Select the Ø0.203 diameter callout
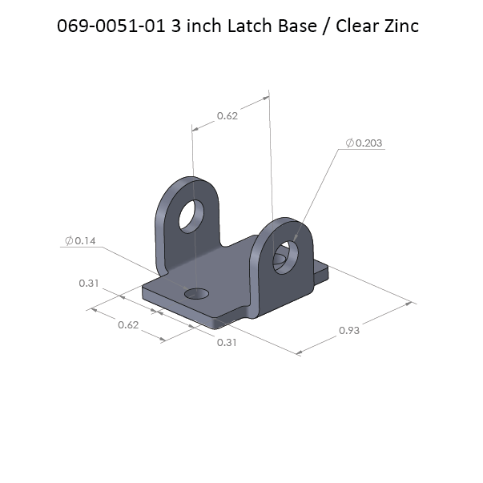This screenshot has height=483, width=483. coord(364,143)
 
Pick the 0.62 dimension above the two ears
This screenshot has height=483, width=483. coord(227,116)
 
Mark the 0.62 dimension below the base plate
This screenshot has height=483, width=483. coord(128,324)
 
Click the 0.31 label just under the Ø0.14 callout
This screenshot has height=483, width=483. coord(88,284)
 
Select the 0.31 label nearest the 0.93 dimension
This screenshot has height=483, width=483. coord(227,342)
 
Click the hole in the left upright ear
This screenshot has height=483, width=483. coord(192,214)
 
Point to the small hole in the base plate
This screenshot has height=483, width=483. coord(195,296)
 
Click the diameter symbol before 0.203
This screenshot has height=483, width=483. coord(350,143)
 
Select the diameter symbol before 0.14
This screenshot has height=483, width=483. coord(70,240)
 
